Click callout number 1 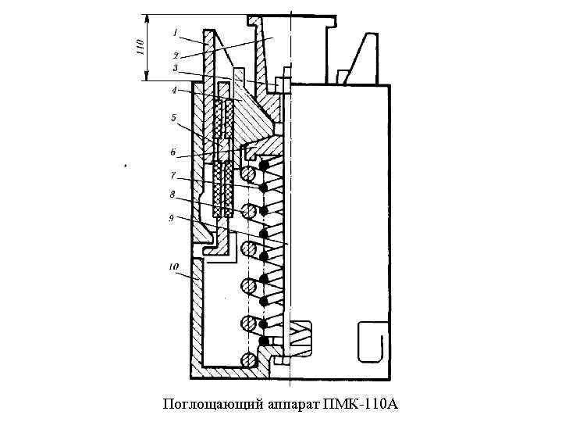(x=176, y=34)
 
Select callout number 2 (x=176, y=55)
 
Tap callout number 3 (x=176, y=69)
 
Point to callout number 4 (x=174, y=91)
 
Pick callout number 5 (x=173, y=119)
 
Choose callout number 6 (x=173, y=152)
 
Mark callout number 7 (x=173, y=176)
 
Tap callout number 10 (x=173, y=267)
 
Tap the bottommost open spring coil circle (x=249, y=359)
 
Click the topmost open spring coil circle (x=249, y=173)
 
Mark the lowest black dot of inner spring (x=265, y=342)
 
